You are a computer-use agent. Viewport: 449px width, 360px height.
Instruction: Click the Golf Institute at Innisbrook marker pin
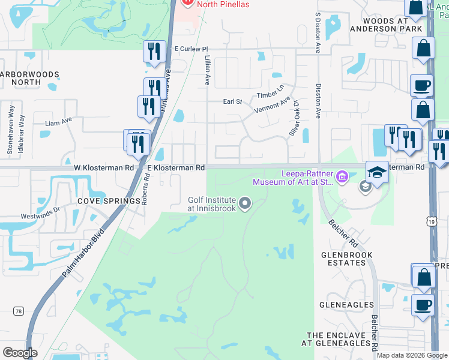[244, 204]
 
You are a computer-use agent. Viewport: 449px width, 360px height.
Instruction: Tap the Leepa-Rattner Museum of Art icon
[342, 176]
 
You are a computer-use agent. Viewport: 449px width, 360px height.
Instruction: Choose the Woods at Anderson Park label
[378, 25]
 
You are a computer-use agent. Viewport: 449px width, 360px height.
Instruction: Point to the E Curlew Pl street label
[190, 49]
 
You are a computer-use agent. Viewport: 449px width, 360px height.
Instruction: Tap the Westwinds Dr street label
[41, 211]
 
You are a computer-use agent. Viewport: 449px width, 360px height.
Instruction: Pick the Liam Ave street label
[59, 122]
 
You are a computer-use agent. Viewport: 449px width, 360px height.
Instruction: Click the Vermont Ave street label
[272, 105]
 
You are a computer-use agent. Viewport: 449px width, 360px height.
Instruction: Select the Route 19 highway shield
[432, 222]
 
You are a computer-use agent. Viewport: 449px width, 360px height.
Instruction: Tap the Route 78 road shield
[19, 311]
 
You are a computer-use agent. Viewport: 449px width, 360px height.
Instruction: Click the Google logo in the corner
[20, 353]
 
